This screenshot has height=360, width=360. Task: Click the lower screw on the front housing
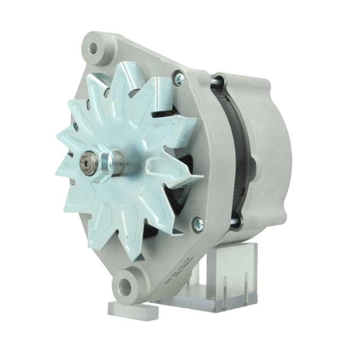198,224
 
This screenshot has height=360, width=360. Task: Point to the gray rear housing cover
270,151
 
